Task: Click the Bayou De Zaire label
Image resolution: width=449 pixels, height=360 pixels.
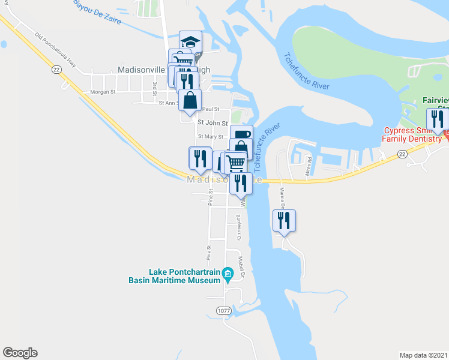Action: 97,13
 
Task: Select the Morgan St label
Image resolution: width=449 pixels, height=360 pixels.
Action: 101,92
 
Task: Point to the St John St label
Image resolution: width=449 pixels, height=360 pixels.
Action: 212,123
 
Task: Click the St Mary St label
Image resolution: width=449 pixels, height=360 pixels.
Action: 211,137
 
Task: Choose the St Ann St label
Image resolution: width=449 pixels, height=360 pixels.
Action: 168,103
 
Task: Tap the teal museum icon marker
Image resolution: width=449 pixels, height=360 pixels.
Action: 228,274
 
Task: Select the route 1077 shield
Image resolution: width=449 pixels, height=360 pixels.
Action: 223,310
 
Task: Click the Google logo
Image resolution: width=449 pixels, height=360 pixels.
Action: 20,353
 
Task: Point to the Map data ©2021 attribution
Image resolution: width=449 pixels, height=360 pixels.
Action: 423,355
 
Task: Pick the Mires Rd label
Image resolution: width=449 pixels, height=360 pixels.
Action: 309,164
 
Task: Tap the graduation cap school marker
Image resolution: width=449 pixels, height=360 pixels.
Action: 191,42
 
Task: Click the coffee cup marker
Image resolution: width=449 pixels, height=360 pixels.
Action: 241,135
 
